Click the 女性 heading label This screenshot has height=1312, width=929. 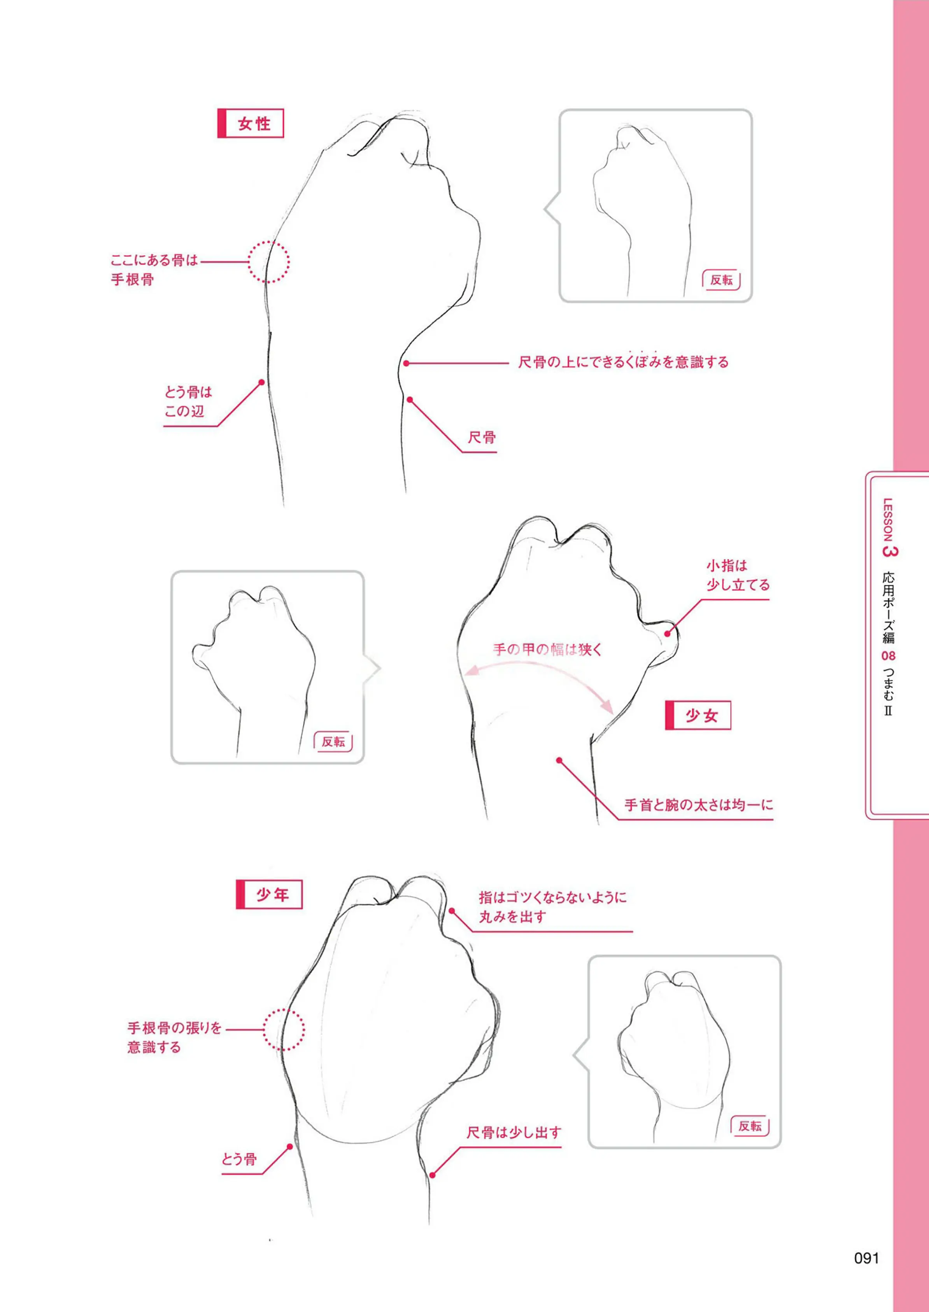251,124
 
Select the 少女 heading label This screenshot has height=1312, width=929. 698,715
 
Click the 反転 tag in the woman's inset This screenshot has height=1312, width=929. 721,280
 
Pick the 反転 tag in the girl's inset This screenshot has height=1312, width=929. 333,742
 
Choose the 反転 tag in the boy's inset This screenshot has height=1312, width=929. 750,1126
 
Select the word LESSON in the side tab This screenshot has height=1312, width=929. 888,520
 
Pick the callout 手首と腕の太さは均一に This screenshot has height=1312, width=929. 698,805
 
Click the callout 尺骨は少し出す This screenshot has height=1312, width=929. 514,1132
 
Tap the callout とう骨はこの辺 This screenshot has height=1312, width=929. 188,401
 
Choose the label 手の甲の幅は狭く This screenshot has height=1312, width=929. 547,649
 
